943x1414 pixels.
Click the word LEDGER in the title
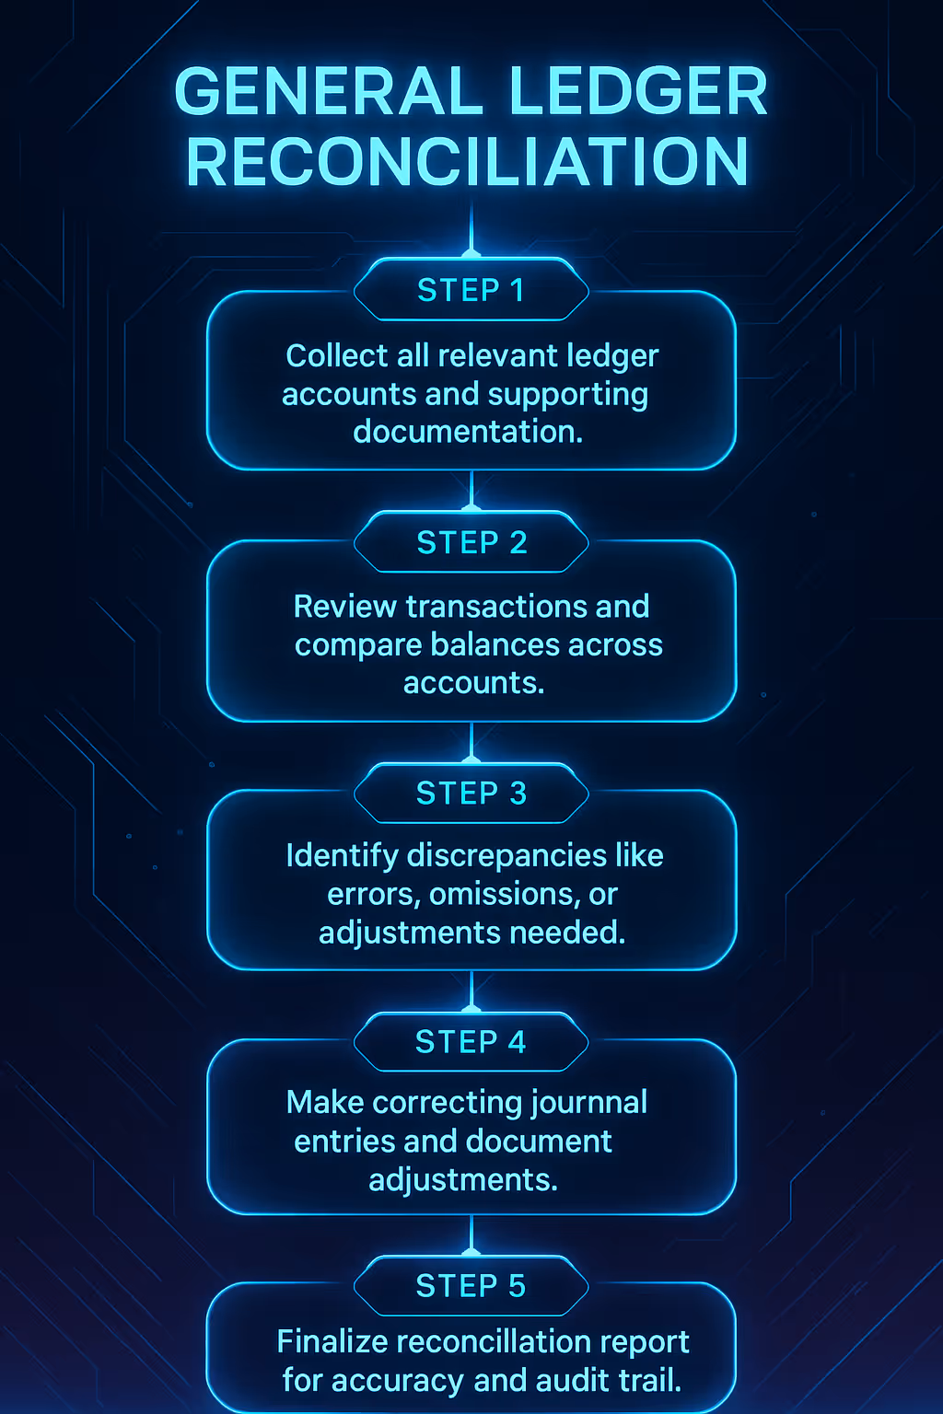tap(637, 92)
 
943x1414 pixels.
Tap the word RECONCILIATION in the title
tap(468, 163)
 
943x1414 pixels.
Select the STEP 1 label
tap(471, 290)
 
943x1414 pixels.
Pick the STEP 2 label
tap(471, 542)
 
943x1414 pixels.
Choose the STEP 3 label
tap(471, 793)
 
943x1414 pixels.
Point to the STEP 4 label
tap(471, 1041)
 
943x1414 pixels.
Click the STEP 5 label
tap(471, 1285)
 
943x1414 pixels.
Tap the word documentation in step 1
tap(468, 431)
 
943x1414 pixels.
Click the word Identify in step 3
tap(342, 856)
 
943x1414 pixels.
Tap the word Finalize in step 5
tap(332, 1341)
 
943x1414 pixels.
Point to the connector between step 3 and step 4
tap(471, 990)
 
